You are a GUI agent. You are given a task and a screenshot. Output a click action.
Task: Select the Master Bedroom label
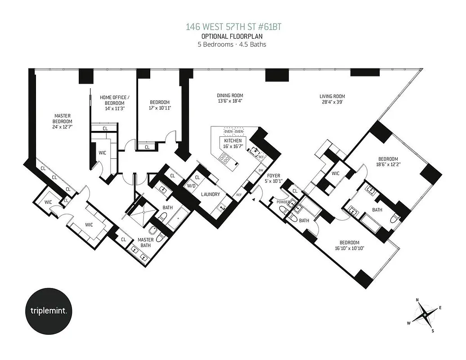(x=62, y=118)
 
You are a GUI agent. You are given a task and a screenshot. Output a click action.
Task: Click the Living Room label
(x=332, y=96)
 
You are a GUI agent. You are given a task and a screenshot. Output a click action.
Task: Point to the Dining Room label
(x=230, y=95)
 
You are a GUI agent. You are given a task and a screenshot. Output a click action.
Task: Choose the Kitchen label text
(x=227, y=141)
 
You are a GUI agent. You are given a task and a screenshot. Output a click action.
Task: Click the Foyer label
(x=274, y=175)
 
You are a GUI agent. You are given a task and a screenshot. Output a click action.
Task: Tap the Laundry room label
(x=211, y=194)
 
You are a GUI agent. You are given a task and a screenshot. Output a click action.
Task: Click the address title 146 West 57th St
(x=234, y=27)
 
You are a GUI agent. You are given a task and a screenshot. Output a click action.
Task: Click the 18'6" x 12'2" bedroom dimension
(x=387, y=165)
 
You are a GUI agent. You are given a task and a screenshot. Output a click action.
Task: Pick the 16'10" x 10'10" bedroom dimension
(x=349, y=247)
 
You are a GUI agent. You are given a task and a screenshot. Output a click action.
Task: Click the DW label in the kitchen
(x=261, y=171)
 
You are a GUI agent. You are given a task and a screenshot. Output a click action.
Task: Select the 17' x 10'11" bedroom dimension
(x=160, y=108)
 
